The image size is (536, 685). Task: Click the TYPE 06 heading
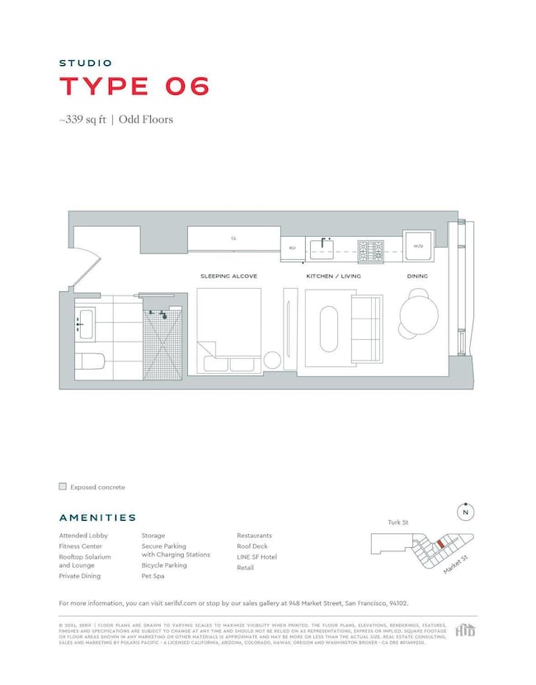click(134, 86)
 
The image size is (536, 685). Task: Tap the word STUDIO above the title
click(85, 63)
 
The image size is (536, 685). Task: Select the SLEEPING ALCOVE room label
click(228, 276)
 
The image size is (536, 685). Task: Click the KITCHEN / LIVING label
click(333, 276)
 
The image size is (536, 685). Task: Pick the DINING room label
click(417, 276)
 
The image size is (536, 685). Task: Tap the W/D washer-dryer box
click(417, 246)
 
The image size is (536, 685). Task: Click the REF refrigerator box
click(292, 247)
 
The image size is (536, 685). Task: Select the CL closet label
click(233, 239)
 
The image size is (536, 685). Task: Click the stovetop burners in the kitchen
click(370, 246)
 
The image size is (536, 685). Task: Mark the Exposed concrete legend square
click(63, 487)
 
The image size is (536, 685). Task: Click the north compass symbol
click(466, 512)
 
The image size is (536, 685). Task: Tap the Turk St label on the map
click(398, 522)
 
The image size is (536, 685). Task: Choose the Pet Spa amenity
click(153, 576)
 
